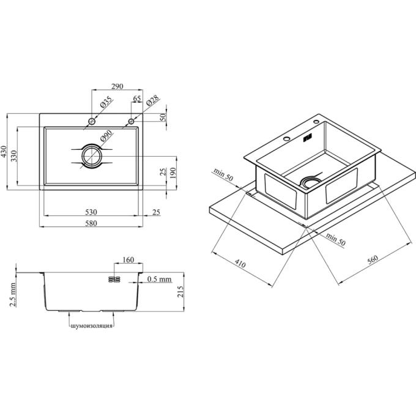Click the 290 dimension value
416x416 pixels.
(x=117, y=86)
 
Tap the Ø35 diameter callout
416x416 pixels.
(x=106, y=102)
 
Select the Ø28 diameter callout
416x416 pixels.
(x=152, y=100)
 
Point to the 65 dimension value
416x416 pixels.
(x=137, y=98)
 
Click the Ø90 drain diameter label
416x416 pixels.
(x=106, y=136)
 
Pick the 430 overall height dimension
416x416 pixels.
(x=4, y=152)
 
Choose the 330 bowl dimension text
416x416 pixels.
(x=14, y=156)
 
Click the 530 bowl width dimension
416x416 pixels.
(x=91, y=212)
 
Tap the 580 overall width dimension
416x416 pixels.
(x=91, y=223)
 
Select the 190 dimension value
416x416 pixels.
(x=173, y=173)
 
